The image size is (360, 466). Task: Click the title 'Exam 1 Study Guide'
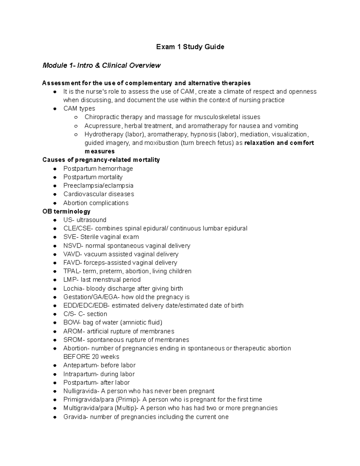(190, 47)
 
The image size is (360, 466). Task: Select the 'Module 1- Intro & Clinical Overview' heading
(101, 65)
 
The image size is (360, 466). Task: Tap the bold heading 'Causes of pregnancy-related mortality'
(101, 160)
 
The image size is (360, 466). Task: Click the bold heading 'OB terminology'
(66, 211)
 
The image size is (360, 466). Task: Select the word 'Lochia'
(73, 289)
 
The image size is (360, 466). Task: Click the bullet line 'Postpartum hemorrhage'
(98, 169)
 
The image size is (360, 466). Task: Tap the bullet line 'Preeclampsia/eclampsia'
(98, 185)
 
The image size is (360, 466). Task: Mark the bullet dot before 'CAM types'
(55, 109)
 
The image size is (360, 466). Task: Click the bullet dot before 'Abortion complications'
(55, 203)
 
